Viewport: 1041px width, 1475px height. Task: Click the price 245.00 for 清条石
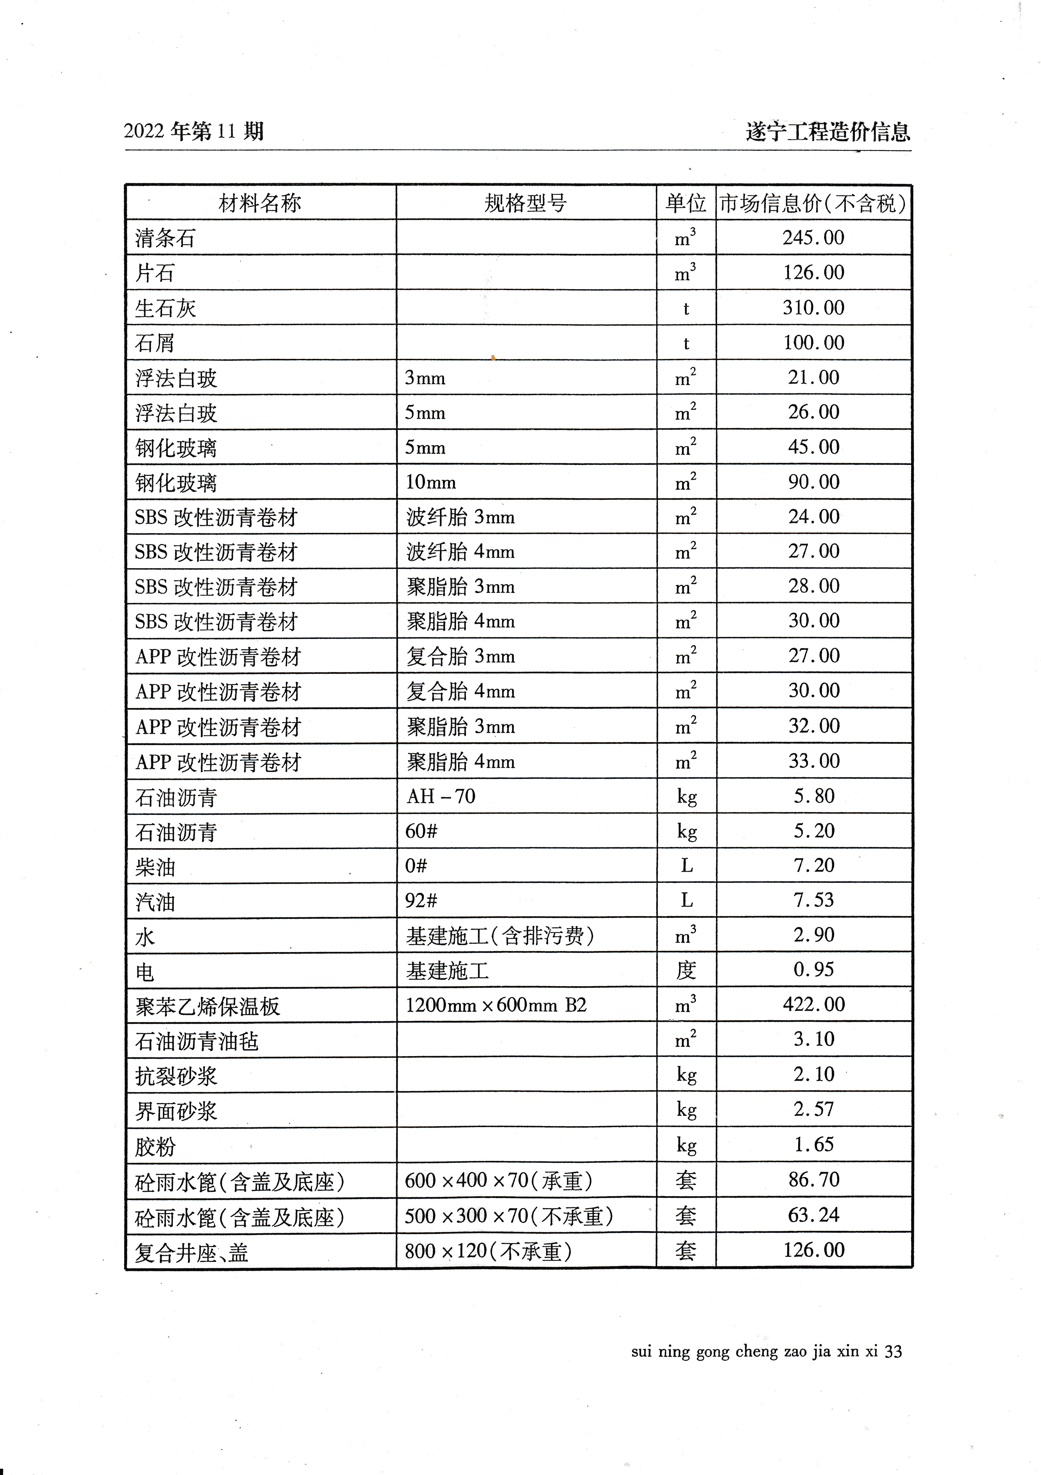(x=813, y=238)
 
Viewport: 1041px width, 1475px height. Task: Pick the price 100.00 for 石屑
(x=813, y=342)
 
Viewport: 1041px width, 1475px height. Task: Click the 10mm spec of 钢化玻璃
(x=430, y=482)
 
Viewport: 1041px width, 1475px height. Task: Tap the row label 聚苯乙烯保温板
(x=208, y=1006)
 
